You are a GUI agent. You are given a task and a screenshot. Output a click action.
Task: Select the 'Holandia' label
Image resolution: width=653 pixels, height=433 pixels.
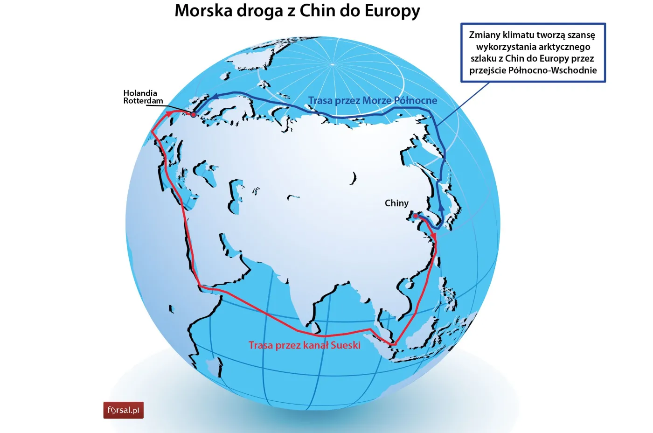click(140, 93)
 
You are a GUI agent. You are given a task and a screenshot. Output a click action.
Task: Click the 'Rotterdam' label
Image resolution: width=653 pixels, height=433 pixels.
click(143, 101)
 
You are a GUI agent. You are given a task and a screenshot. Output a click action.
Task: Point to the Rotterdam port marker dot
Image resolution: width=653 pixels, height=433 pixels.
click(193, 114)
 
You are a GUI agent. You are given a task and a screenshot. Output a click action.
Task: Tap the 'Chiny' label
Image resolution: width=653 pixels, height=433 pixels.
click(396, 203)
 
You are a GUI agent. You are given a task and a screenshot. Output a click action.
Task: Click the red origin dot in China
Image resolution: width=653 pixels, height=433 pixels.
click(415, 216)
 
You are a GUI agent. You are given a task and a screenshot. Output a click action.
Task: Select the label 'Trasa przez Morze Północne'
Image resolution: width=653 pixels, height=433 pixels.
click(373, 100)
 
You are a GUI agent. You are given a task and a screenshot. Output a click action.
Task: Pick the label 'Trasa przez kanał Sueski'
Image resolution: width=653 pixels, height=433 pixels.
click(304, 345)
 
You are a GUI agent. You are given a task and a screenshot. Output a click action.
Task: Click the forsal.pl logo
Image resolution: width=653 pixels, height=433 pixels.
click(123, 410)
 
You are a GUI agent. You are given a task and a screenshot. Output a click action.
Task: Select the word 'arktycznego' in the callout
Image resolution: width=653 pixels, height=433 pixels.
click(564, 47)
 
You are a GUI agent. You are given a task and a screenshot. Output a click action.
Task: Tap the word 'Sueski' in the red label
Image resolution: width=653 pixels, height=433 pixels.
click(346, 345)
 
